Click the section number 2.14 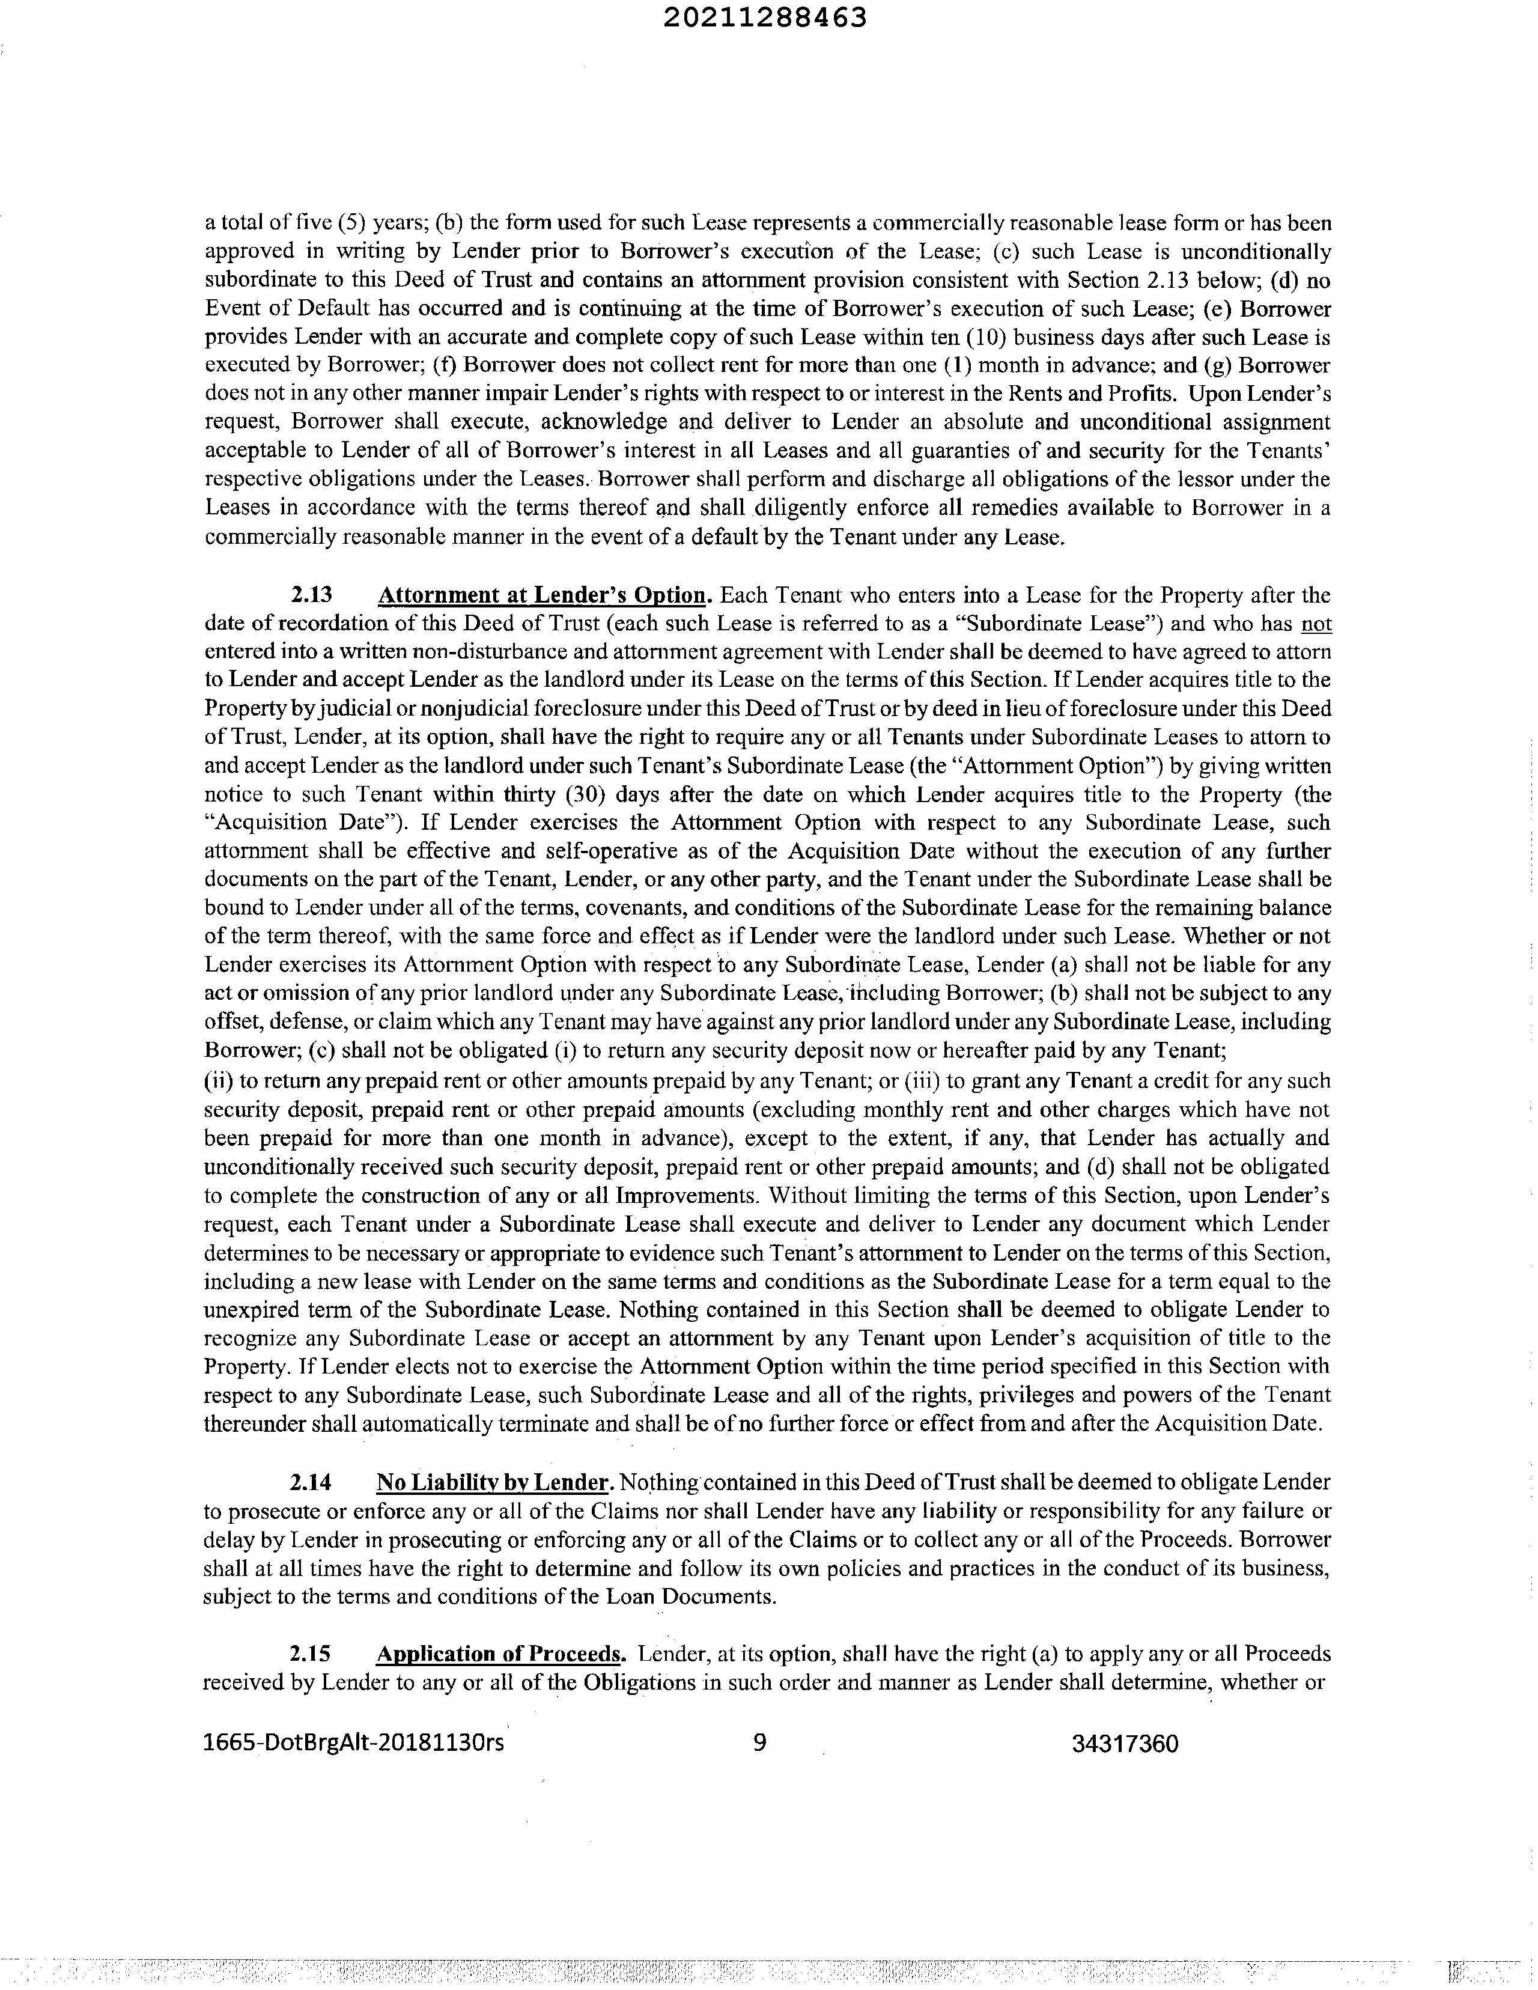point(311,1482)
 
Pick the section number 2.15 point(311,1654)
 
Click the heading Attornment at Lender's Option point(542,596)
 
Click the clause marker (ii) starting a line point(217,1081)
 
